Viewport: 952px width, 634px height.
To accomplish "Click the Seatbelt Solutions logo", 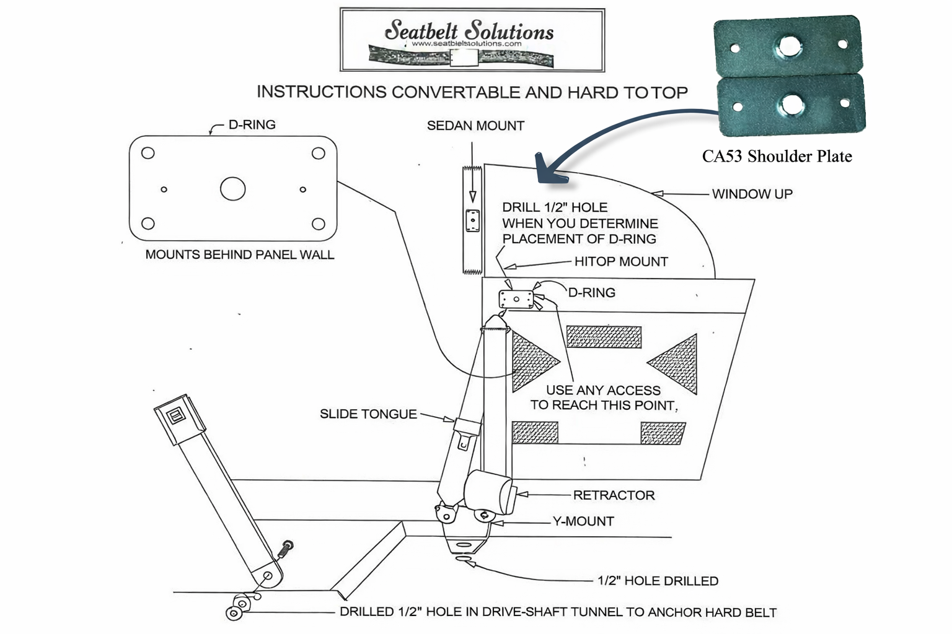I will point(472,40).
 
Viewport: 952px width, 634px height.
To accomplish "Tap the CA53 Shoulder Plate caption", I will point(777,156).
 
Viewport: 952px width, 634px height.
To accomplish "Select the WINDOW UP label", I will point(752,194).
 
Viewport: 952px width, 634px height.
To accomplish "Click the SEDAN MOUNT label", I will point(475,126).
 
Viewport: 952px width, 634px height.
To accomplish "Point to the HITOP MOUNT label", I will point(620,262).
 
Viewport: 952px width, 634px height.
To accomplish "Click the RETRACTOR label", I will point(614,495).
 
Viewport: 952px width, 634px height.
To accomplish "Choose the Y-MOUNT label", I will point(583,521).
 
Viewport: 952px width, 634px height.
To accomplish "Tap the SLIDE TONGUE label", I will point(368,414).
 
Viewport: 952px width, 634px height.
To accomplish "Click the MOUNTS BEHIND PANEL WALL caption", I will point(239,254).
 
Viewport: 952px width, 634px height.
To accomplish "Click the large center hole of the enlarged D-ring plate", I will point(233,189).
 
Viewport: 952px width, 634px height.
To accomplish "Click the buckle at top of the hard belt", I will point(179,413).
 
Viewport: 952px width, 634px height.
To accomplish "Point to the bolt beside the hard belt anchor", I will point(286,548).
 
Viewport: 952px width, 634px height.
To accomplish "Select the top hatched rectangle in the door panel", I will point(604,337).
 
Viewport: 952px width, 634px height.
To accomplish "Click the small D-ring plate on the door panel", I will point(516,300).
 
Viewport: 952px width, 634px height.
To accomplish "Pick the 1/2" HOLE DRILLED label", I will point(658,581).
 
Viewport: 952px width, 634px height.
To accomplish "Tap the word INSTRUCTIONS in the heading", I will point(321,92).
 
